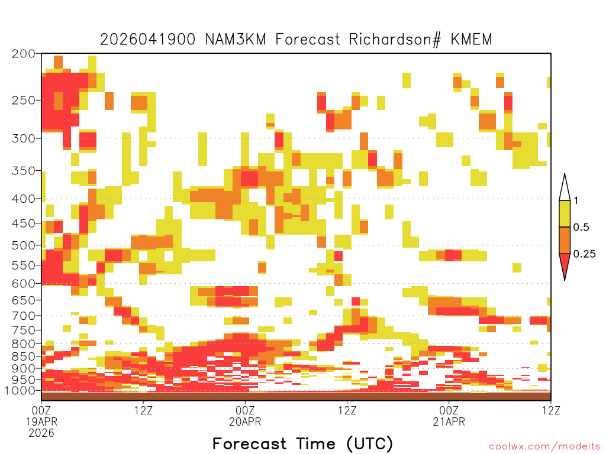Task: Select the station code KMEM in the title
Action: (x=472, y=40)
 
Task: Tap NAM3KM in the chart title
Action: (x=236, y=40)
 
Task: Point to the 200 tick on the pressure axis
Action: (x=24, y=54)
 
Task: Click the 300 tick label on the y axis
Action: (x=24, y=138)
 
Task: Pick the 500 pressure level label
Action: (x=24, y=245)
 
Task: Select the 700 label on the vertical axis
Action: (x=24, y=316)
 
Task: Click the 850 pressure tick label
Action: (x=24, y=356)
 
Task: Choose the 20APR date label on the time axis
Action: (x=245, y=421)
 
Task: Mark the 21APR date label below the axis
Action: (x=449, y=421)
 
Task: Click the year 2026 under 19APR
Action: (x=41, y=433)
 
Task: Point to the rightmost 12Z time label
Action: (x=551, y=410)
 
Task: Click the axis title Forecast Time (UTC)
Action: (x=302, y=444)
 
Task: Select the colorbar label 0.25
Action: (x=584, y=254)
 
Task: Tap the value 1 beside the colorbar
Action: (x=576, y=200)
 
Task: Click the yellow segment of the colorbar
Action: (x=565, y=213)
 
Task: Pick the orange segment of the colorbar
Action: (x=565, y=240)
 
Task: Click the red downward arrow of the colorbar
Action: (x=565, y=264)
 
